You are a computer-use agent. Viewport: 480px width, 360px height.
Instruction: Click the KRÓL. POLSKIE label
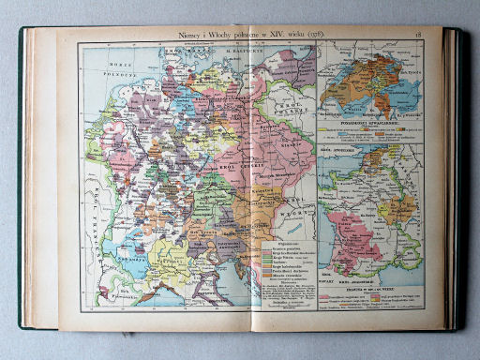296,106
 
